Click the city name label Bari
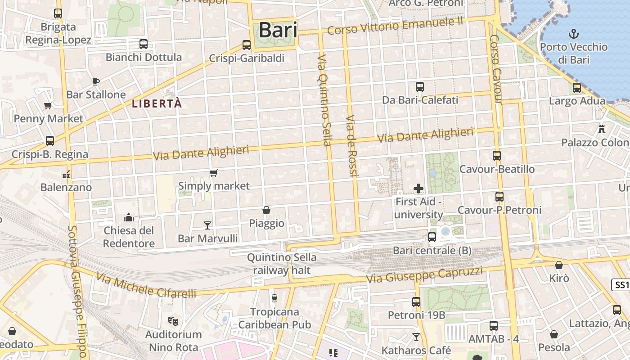click(x=278, y=30)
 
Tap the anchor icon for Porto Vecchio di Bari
click(x=574, y=33)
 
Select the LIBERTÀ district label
click(x=157, y=103)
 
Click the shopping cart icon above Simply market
click(x=214, y=173)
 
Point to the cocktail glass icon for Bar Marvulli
click(x=207, y=225)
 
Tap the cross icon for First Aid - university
click(x=418, y=189)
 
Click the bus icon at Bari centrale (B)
click(x=432, y=237)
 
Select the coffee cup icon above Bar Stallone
click(x=95, y=81)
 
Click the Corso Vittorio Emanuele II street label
click(x=395, y=26)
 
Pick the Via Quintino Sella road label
click(x=324, y=101)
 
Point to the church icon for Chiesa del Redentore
click(x=129, y=218)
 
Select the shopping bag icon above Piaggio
click(x=266, y=210)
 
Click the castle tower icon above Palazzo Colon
click(x=602, y=129)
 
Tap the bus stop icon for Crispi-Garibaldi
click(x=246, y=45)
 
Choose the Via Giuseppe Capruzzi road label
click(x=424, y=274)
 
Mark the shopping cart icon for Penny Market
click(x=48, y=106)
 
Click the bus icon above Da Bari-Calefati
click(x=420, y=87)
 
